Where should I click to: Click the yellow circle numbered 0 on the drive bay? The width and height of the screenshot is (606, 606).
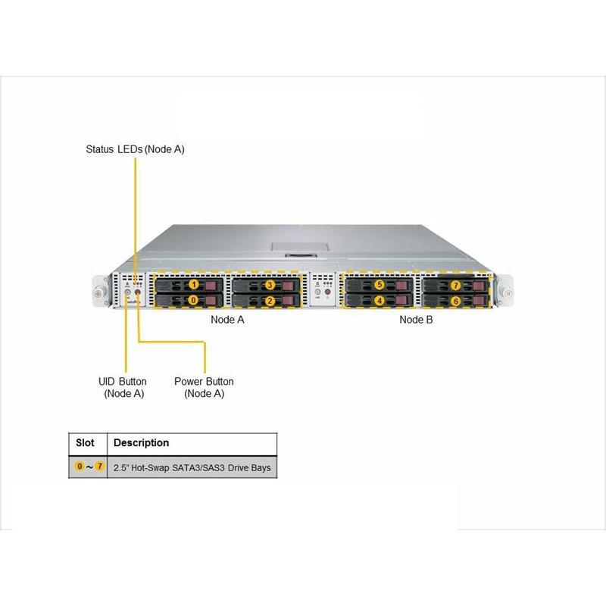click(193, 301)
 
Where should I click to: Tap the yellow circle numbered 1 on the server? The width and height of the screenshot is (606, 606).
click(193, 285)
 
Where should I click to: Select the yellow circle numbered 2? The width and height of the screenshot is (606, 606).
click(270, 301)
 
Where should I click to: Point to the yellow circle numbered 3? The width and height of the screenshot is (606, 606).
click(270, 285)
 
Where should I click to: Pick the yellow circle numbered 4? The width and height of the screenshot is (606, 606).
click(380, 301)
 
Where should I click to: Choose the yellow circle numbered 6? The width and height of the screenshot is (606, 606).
click(455, 301)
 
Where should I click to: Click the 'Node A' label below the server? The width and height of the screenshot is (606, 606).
click(227, 320)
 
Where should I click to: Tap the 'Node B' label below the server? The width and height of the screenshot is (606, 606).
click(416, 320)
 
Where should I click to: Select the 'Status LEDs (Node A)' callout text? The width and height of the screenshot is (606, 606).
click(135, 149)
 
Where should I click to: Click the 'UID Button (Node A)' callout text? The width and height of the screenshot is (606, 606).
click(123, 387)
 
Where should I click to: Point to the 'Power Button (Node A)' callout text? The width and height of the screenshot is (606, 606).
click(204, 387)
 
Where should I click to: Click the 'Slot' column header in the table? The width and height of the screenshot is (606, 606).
click(86, 442)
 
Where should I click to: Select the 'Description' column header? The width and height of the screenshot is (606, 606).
click(141, 442)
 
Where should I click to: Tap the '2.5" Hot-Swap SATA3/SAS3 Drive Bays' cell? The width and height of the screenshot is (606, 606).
click(192, 468)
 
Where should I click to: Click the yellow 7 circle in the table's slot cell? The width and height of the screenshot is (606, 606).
click(99, 467)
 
